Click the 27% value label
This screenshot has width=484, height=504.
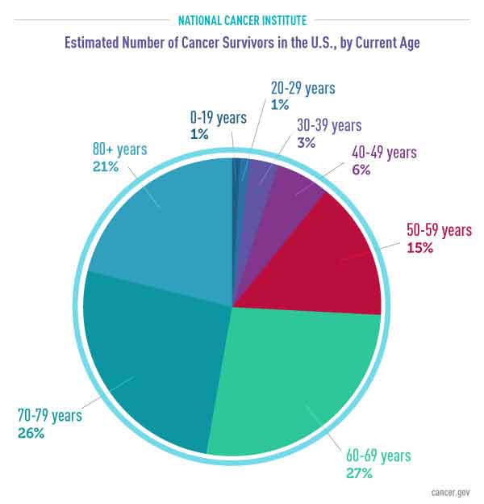(x=358, y=473)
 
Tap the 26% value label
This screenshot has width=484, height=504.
(x=30, y=433)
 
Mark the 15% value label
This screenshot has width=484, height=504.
(x=419, y=248)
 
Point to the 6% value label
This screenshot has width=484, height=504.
(x=361, y=169)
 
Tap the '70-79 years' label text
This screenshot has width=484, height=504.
(x=49, y=416)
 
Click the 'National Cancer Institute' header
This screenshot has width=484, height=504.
(x=242, y=18)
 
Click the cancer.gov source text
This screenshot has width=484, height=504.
(x=453, y=490)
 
